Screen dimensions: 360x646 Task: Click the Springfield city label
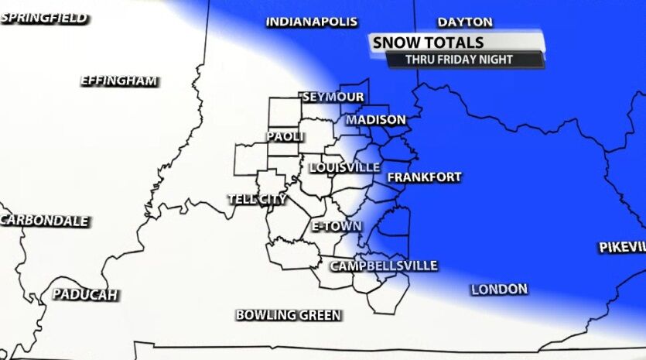click(x=44, y=18)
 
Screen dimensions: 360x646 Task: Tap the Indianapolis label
click(x=312, y=22)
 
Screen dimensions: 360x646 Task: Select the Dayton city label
click(x=465, y=22)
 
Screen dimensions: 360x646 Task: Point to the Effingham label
click(x=119, y=81)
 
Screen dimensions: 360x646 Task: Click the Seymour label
click(x=333, y=97)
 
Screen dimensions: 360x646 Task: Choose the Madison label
click(x=376, y=119)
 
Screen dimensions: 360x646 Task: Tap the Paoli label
click(x=285, y=136)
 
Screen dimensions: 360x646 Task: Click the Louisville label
click(x=344, y=167)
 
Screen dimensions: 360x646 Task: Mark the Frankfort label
click(x=424, y=177)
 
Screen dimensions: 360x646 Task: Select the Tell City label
click(x=257, y=199)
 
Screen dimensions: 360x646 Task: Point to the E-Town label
click(x=337, y=226)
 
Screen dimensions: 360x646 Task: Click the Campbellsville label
click(x=384, y=266)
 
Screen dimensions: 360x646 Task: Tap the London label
click(x=499, y=289)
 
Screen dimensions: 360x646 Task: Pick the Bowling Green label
click(x=289, y=314)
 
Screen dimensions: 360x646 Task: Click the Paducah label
click(x=85, y=294)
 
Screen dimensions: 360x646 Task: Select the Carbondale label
click(x=44, y=221)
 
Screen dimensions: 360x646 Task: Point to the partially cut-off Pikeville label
click(x=622, y=247)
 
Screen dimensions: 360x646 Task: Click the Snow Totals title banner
click(x=428, y=43)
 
